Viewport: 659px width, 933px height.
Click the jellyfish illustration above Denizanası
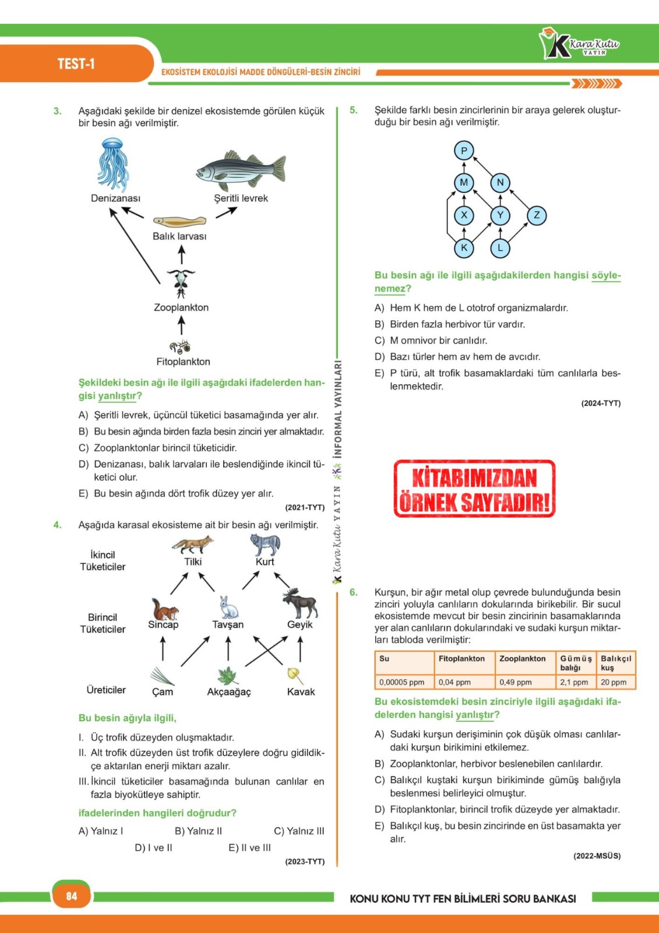(x=112, y=164)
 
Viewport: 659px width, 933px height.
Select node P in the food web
(x=464, y=150)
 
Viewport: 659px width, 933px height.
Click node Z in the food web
(x=537, y=215)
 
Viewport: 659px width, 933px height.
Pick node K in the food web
(x=464, y=248)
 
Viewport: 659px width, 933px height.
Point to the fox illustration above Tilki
(x=192, y=545)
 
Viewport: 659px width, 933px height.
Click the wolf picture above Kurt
(x=265, y=545)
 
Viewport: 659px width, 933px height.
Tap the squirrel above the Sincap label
(x=164, y=609)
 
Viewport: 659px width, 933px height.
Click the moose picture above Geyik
(x=300, y=603)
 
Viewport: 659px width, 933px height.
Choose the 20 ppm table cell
(x=614, y=682)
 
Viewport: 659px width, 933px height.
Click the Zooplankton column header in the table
(x=523, y=658)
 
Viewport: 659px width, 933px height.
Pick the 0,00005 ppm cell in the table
(x=402, y=682)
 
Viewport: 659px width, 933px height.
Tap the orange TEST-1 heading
(x=76, y=64)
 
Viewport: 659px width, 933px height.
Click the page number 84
(x=72, y=896)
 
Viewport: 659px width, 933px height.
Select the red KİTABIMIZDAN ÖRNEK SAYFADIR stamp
(x=474, y=489)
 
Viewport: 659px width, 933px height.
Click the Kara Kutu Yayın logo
(x=579, y=44)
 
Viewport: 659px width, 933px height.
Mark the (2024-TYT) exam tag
(x=601, y=403)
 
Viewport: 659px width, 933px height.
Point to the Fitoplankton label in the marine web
(x=183, y=362)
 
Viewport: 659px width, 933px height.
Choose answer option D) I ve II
(x=153, y=847)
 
